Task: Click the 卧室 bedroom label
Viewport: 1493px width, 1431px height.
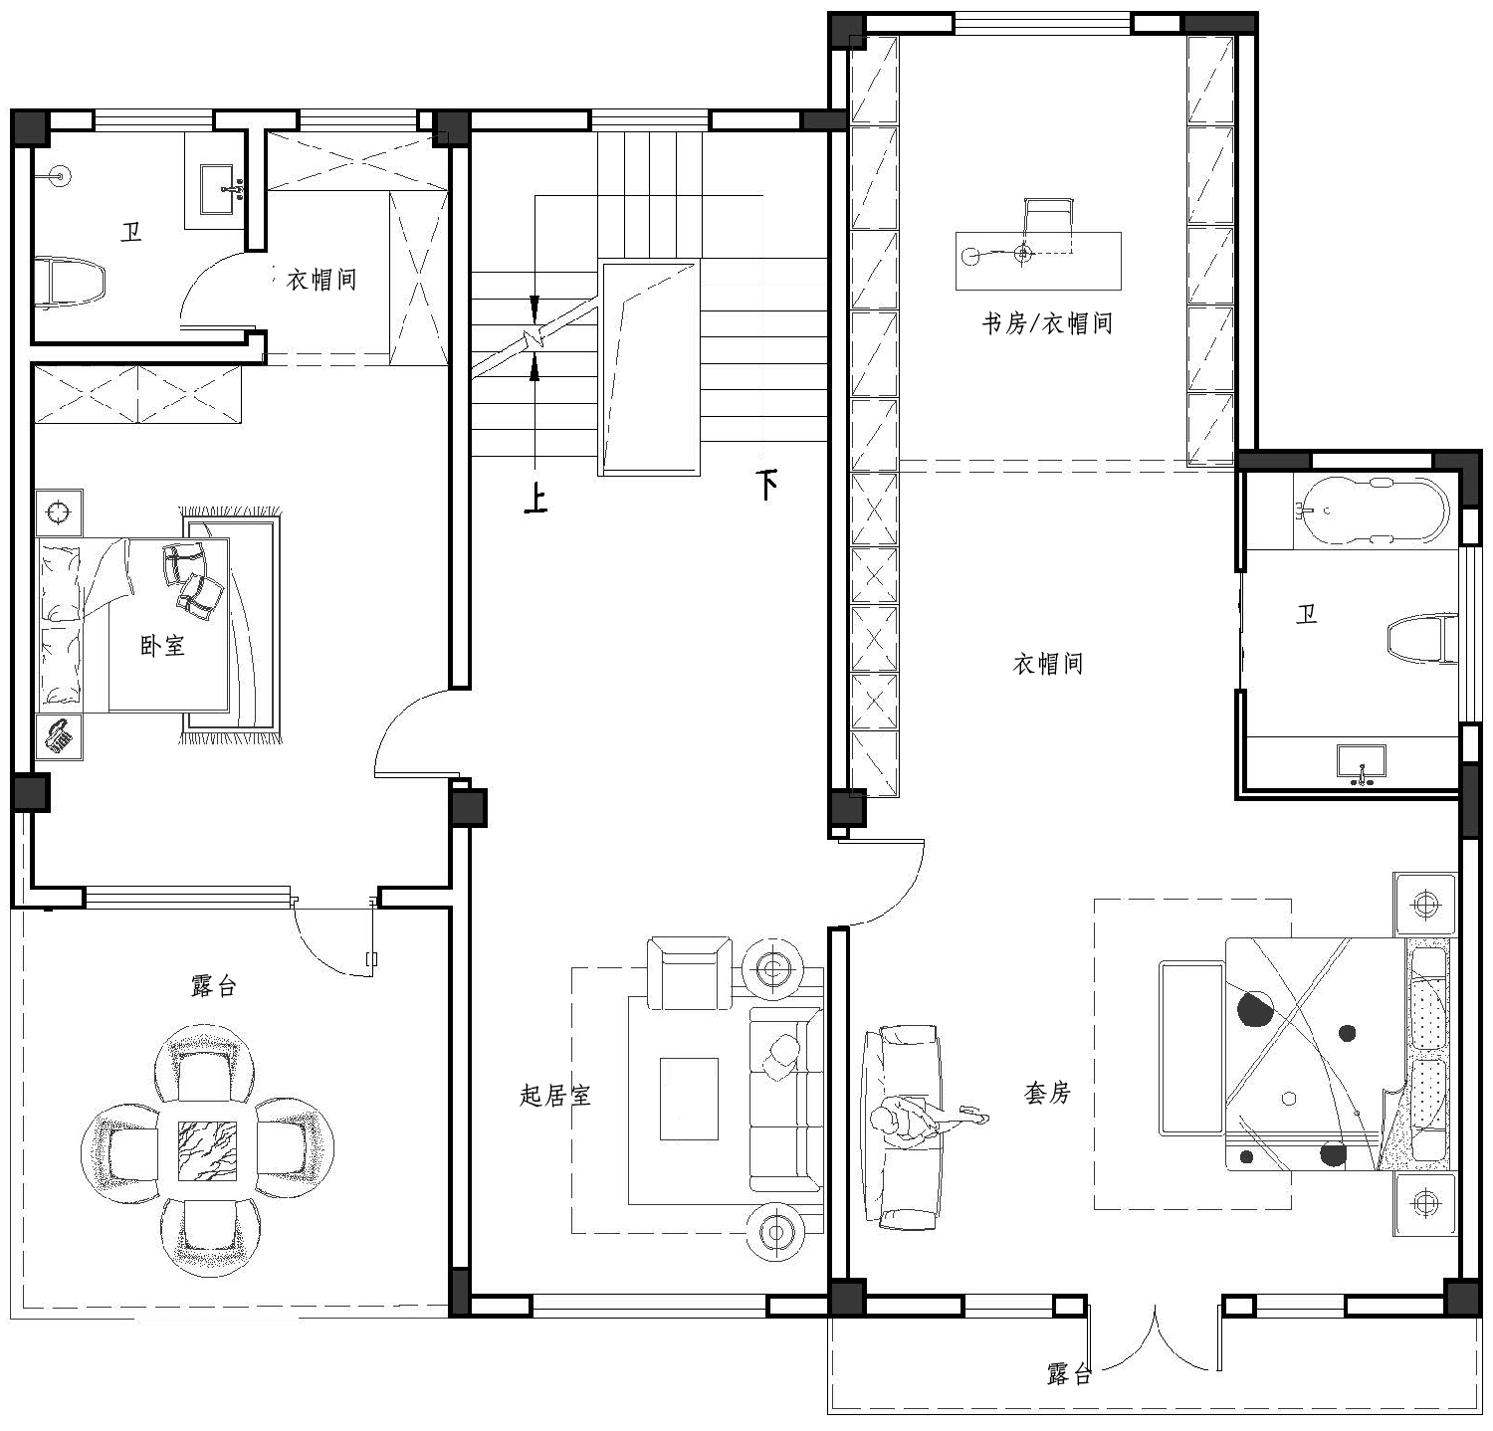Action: pos(162,646)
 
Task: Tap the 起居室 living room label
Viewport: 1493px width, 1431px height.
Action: pos(555,1096)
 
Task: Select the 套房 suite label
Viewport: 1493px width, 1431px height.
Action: pos(1047,1093)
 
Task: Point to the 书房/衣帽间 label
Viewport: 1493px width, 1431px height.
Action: pos(1047,323)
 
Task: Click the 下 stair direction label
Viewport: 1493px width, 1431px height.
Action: pos(766,485)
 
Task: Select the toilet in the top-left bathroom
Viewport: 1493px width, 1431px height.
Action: pos(70,283)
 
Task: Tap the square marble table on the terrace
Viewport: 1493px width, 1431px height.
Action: pos(208,1151)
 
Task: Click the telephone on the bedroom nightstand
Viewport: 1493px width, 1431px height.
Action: pos(60,736)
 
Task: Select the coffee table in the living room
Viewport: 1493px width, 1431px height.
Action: pos(689,1099)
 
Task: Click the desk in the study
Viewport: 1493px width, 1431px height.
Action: pos(1038,260)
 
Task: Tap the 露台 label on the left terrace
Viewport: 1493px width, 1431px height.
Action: pos(214,987)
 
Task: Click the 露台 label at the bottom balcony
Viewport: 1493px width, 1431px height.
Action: pos(1070,1375)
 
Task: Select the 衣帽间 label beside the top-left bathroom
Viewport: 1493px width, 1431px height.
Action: pos(321,280)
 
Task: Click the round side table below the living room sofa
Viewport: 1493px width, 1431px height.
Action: pos(775,1232)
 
